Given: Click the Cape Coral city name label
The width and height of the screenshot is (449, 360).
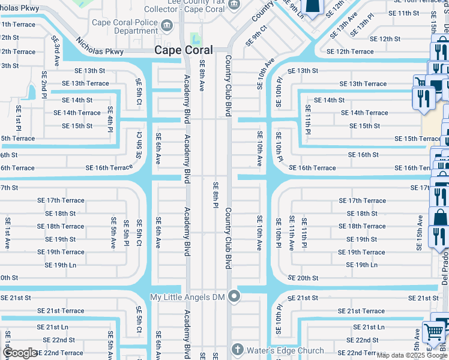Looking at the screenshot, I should point(183,50).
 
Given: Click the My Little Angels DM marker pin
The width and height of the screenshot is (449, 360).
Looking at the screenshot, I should point(234,296).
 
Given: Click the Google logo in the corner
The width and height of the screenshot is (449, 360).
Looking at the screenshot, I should point(19,353).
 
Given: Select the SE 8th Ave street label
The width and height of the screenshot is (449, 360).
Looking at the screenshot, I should point(202,76).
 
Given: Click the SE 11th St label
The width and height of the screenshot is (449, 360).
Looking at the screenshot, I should point(403,13).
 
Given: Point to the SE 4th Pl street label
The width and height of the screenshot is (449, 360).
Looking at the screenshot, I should point(110,119).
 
